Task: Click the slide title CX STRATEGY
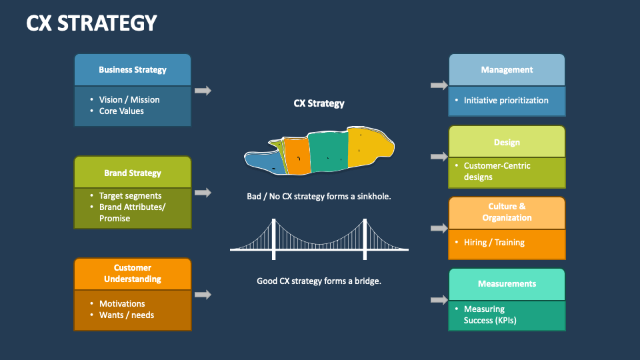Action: click(91, 23)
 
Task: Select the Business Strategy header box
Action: click(133, 69)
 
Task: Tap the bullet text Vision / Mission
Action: click(129, 99)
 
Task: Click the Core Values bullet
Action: click(121, 111)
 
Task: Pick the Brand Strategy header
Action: click(133, 173)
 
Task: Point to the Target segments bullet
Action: click(130, 196)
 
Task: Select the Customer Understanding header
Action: click(133, 273)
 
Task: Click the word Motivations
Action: click(122, 303)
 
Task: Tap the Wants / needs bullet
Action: click(127, 315)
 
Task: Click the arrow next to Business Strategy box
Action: click(203, 91)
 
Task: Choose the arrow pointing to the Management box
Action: click(439, 85)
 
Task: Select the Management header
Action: click(507, 69)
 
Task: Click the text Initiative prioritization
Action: click(506, 100)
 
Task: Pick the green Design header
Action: click(507, 142)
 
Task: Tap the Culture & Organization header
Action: click(507, 212)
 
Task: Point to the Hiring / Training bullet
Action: click(494, 243)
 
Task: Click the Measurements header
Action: click(507, 284)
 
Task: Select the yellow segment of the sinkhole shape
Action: click(365, 147)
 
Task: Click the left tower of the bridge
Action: click(273, 239)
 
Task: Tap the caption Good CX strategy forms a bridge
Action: click(319, 281)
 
